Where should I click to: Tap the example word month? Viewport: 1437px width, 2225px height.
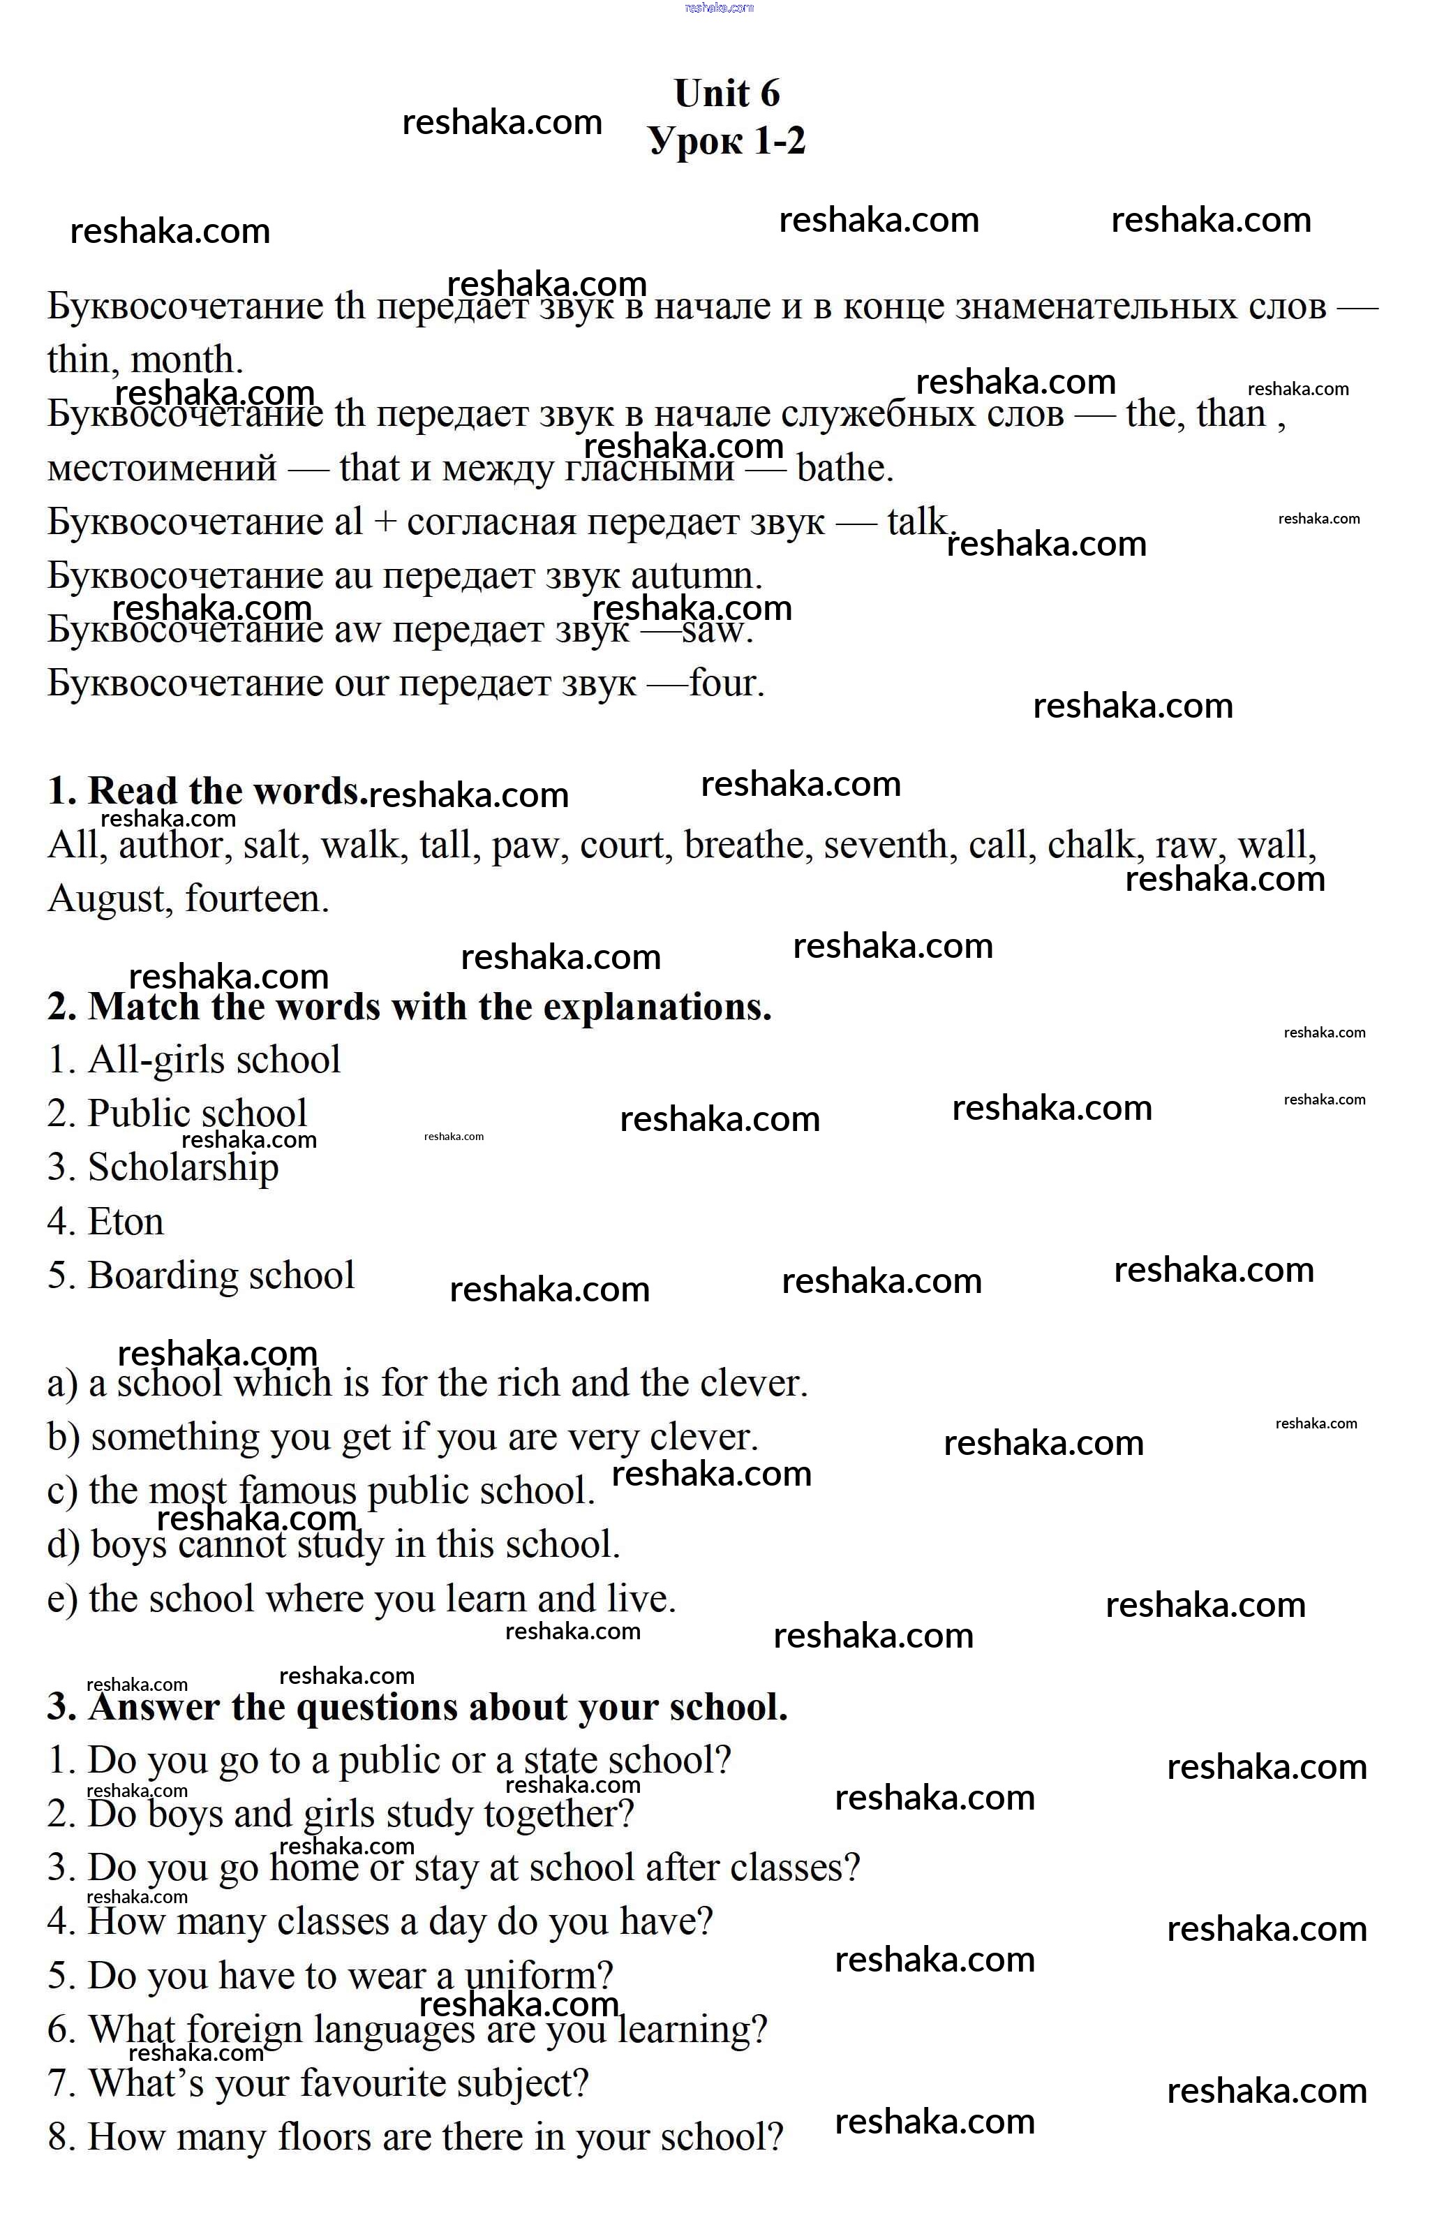tap(186, 360)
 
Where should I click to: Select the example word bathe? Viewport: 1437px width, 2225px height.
tap(844, 468)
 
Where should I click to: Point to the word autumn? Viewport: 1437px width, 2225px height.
tap(695, 576)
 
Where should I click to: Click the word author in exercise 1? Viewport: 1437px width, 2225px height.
tap(171, 845)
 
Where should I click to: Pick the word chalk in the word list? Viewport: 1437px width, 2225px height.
tap(1092, 845)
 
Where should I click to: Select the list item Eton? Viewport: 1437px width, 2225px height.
tap(125, 1222)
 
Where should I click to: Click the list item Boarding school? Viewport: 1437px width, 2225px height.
tap(221, 1276)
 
